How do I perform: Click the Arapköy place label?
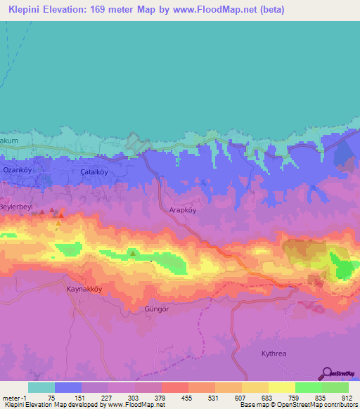pyautogui.click(x=185, y=209)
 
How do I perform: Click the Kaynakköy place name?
pyautogui.click(x=84, y=289)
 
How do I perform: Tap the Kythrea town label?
pyautogui.click(x=275, y=355)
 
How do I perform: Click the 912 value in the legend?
pyautogui.click(x=347, y=397)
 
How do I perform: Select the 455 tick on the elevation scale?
pyautogui.click(x=186, y=397)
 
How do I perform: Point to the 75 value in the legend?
pyautogui.click(x=52, y=397)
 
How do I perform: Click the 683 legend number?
pyautogui.click(x=266, y=397)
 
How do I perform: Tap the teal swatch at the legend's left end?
pyautogui.click(x=41, y=387)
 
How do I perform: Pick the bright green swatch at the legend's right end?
pyautogui.click(x=335, y=387)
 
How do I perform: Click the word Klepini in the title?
pyautogui.click(x=22, y=10)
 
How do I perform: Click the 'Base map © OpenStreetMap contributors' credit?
pyautogui.click(x=297, y=405)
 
